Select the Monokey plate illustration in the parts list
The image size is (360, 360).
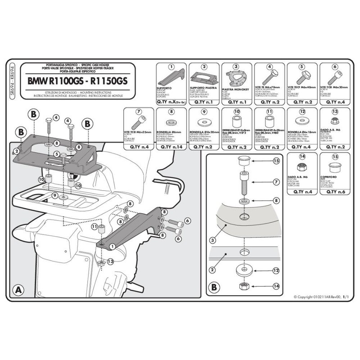[236, 80]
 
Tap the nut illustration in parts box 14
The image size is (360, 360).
[301, 167]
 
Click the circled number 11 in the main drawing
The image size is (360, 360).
[94, 227]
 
